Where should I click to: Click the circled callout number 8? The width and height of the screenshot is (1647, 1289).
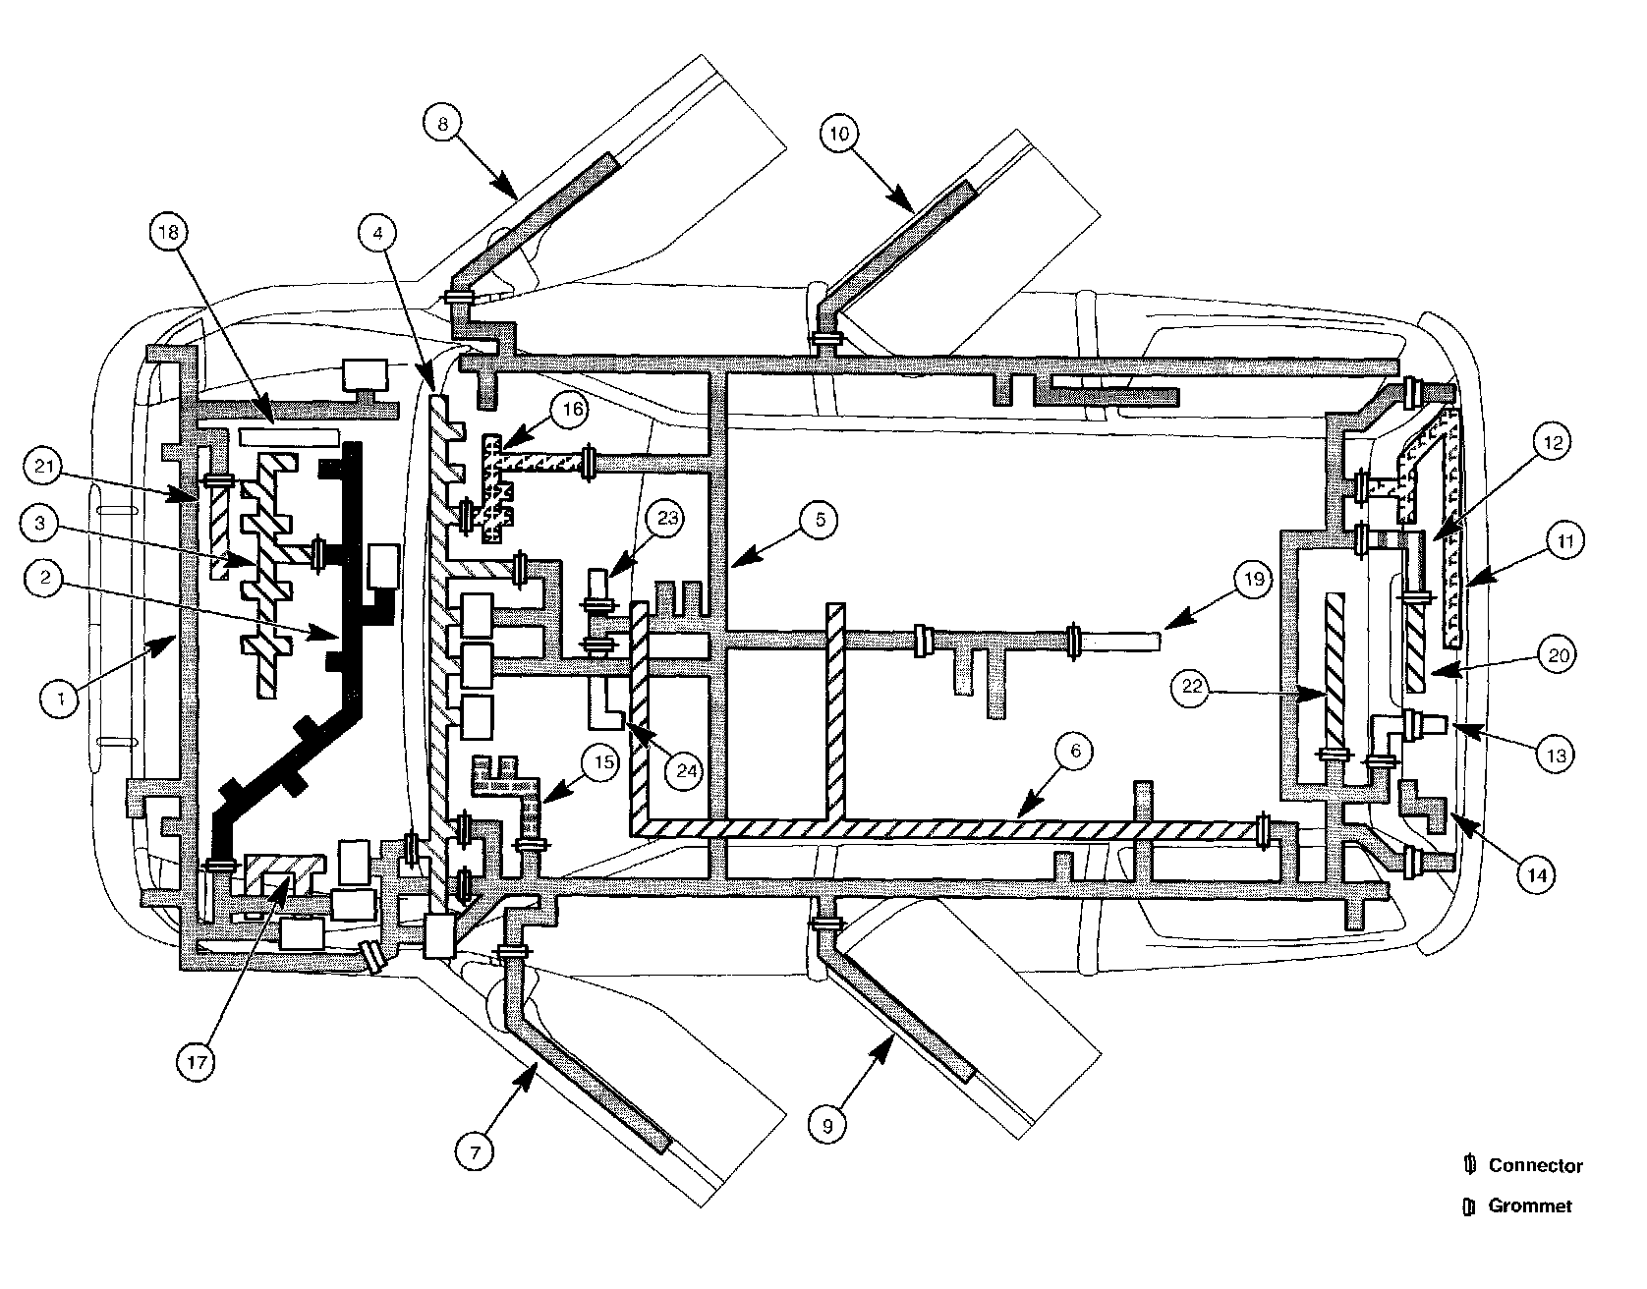coord(442,124)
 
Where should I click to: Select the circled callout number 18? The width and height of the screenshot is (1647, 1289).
coord(169,234)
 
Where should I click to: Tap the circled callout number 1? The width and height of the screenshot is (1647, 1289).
coord(61,699)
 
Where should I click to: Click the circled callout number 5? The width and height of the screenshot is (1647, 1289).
coord(818,520)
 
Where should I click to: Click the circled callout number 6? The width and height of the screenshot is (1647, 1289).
coord(1075,751)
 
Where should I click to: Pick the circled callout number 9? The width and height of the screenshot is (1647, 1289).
coord(827,1126)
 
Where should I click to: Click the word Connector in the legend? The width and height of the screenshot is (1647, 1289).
coord(1535,1166)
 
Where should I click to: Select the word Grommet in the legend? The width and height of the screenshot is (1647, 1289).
coord(1530,1205)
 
